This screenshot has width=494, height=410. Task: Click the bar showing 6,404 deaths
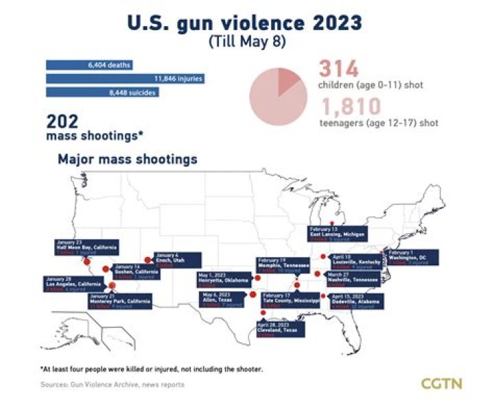[x=89, y=65]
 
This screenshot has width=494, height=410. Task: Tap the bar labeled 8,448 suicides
[x=103, y=92]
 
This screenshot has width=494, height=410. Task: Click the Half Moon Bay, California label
[x=85, y=248]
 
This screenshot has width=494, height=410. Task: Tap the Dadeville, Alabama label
[x=357, y=302]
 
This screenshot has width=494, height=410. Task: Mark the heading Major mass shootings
[x=128, y=159]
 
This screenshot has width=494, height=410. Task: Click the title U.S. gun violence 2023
[x=245, y=23]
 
